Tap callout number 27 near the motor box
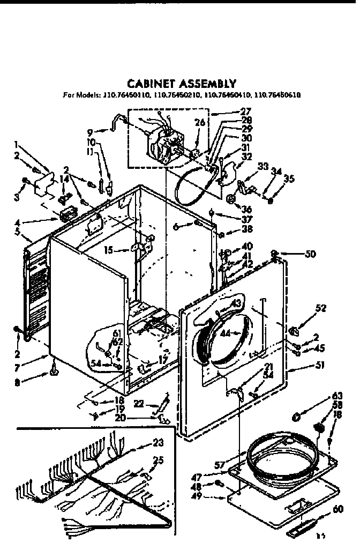[246, 113]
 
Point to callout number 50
[311, 254]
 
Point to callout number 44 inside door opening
[226, 333]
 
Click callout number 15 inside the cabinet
[109, 250]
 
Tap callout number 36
[247, 209]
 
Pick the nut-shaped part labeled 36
[232, 199]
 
